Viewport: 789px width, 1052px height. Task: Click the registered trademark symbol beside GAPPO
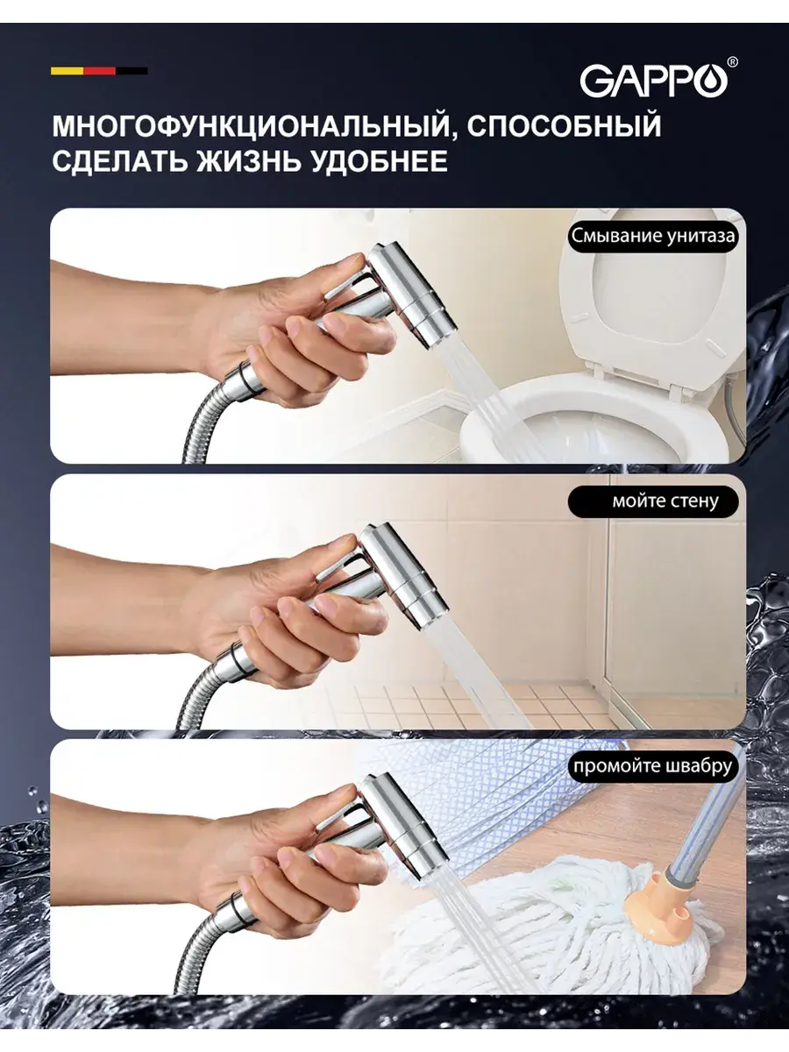click(733, 62)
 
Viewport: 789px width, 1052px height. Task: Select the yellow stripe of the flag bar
click(68, 71)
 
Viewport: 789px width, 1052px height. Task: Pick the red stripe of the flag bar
click(100, 71)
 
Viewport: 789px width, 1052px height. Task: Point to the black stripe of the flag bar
click(131, 71)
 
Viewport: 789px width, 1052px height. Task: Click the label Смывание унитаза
click(653, 237)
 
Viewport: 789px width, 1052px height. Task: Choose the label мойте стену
click(665, 501)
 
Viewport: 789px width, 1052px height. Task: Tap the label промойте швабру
click(653, 766)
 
